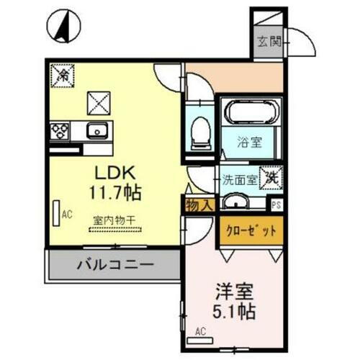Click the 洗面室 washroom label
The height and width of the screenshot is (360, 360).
click(x=238, y=179)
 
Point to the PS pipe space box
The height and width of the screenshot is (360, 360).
click(x=277, y=203)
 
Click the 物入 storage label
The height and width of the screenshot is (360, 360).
click(x=199, y=204)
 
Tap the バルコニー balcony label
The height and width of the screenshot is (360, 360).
click(x=115, y=265)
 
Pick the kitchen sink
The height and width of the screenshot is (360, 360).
click(x=96, y=131)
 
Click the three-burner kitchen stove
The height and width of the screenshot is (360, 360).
click(x=59, y=131)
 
